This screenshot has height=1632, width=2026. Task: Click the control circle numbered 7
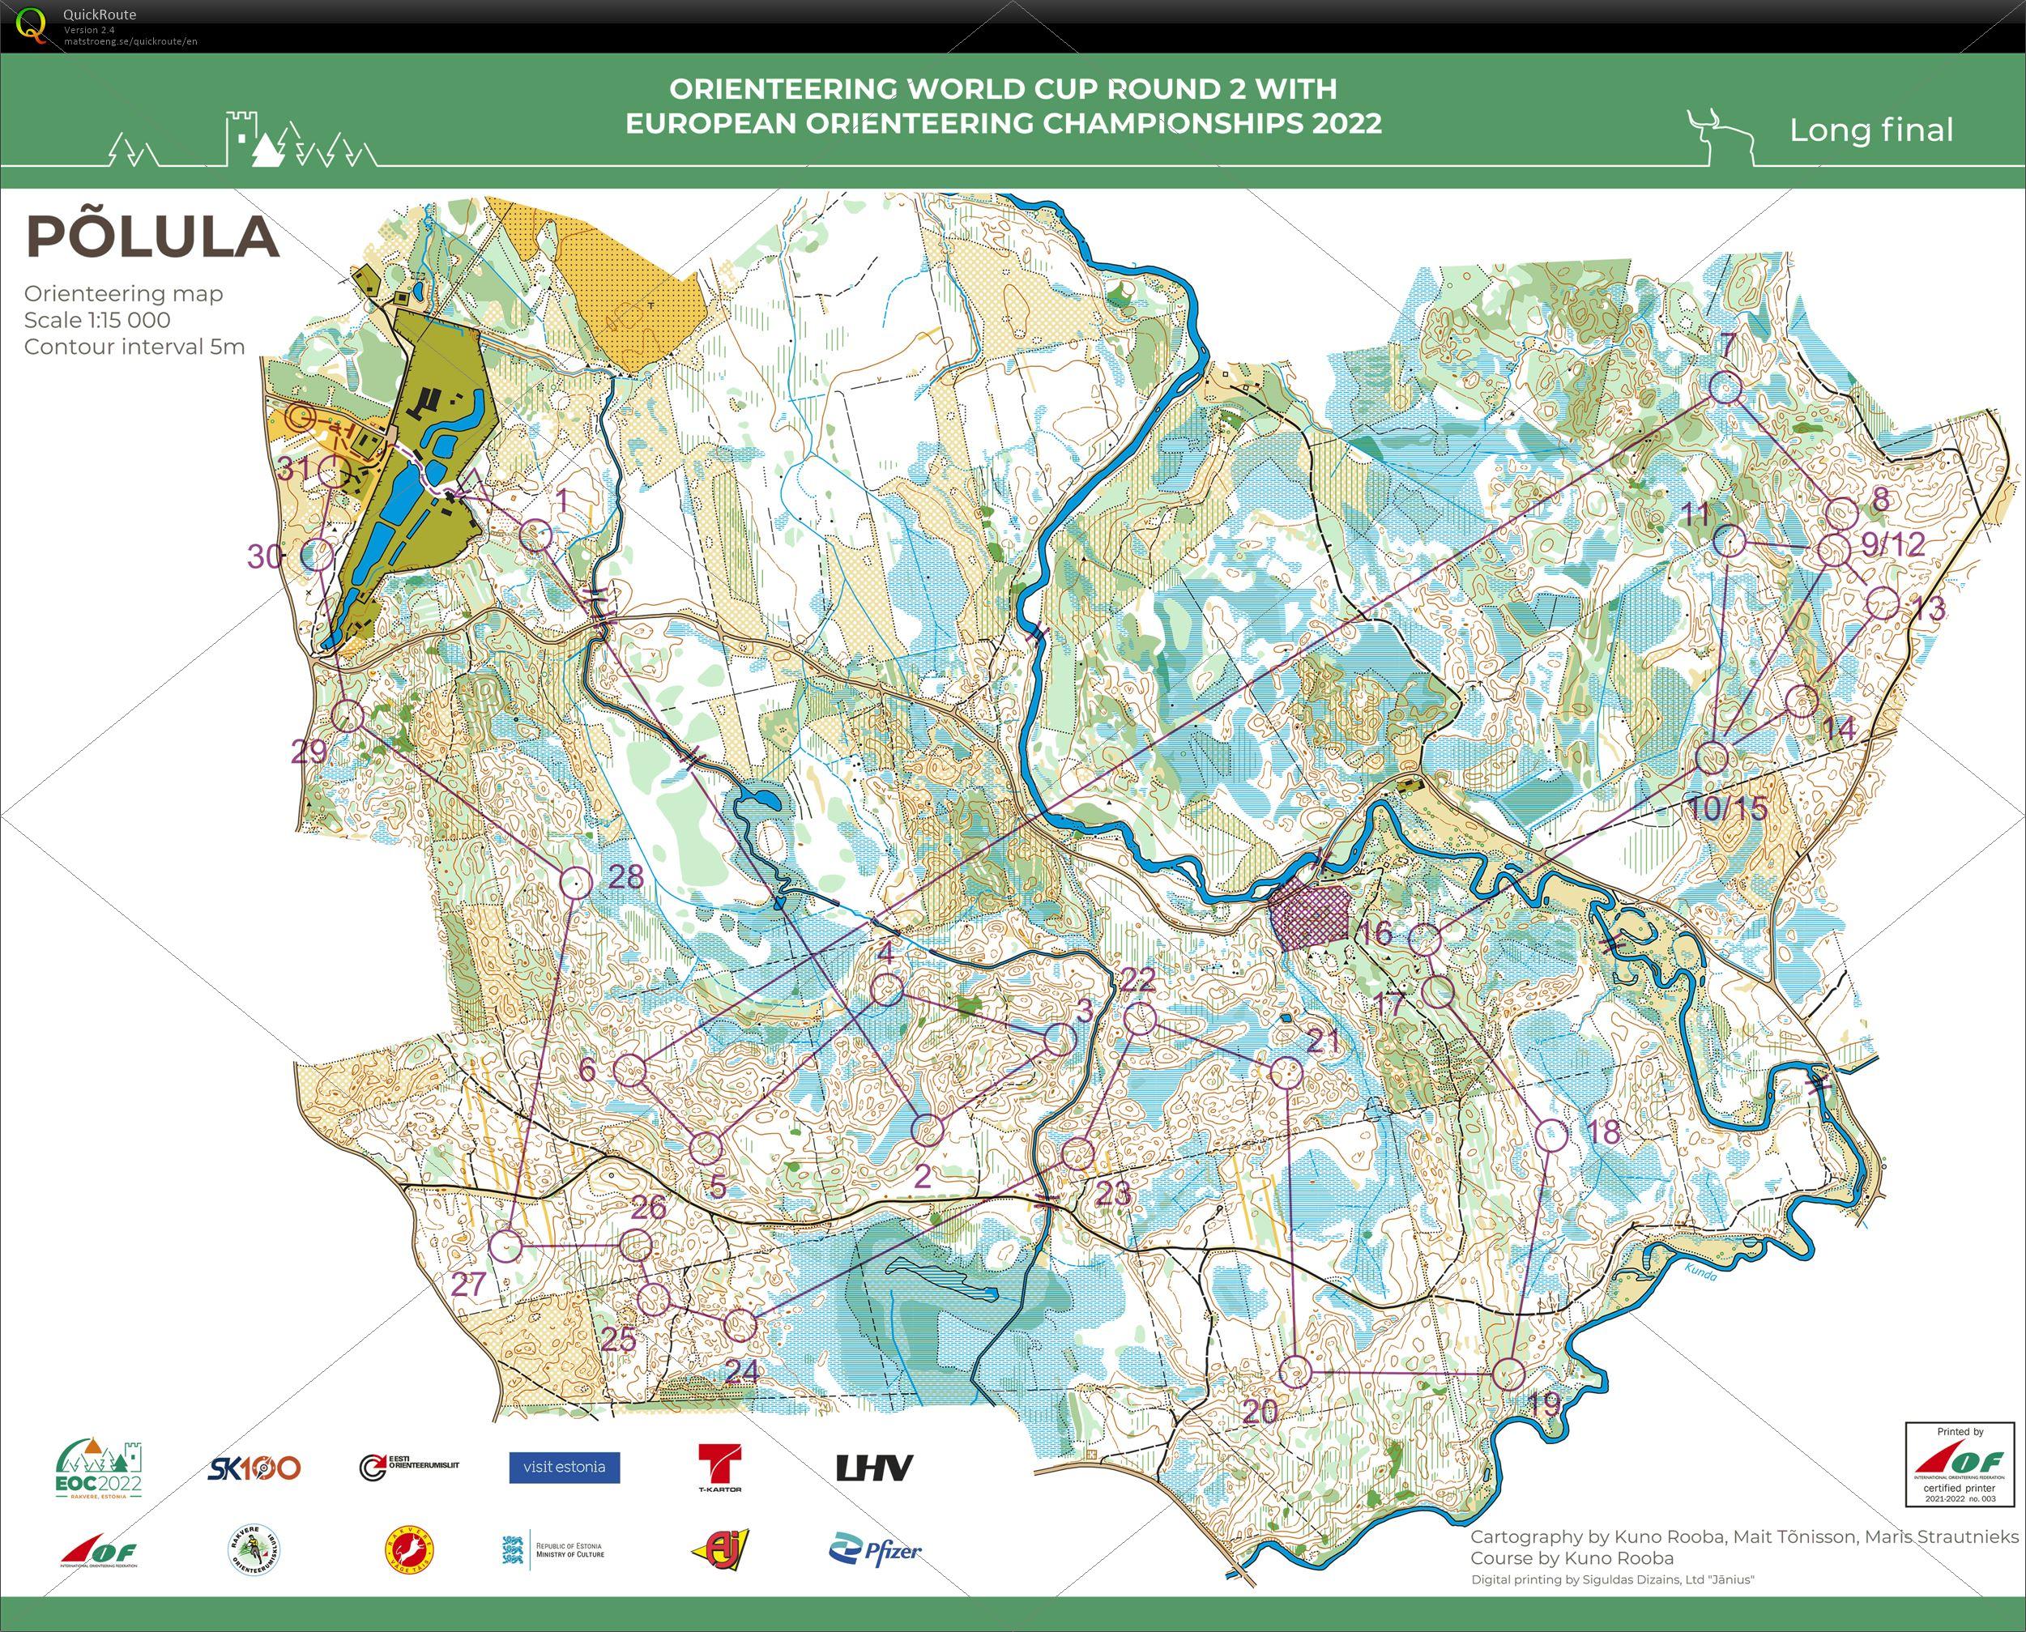(x=1724, y=387)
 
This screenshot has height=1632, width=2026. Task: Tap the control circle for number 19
(x=1508, y=1374)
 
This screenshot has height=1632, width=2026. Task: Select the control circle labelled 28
(x=576, y=882)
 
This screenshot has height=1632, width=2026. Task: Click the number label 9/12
(x=1892, y=543)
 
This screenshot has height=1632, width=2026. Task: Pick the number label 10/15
(x=1728, y=807)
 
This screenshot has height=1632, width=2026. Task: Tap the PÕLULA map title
(x=152, y=236)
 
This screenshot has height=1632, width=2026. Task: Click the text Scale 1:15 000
(x=97, y=320)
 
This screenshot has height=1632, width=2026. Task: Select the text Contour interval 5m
(x=134, y=346)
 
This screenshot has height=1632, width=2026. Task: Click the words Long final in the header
(x=1871, y=130)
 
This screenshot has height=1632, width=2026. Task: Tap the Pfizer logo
(x=875, y=1550)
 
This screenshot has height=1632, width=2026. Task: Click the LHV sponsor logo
(x=874, y=1468)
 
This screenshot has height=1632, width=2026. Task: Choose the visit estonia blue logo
(x=564, y=1467)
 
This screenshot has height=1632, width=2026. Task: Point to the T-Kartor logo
(x=719, y=1468)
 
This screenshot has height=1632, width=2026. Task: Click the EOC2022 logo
(x=98, y=1468)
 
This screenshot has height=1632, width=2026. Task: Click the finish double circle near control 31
(x=300, y=416)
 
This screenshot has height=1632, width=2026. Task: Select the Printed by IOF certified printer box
(x=1960, y=1464)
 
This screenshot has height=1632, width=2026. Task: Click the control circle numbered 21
(x=1286, y=1072)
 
